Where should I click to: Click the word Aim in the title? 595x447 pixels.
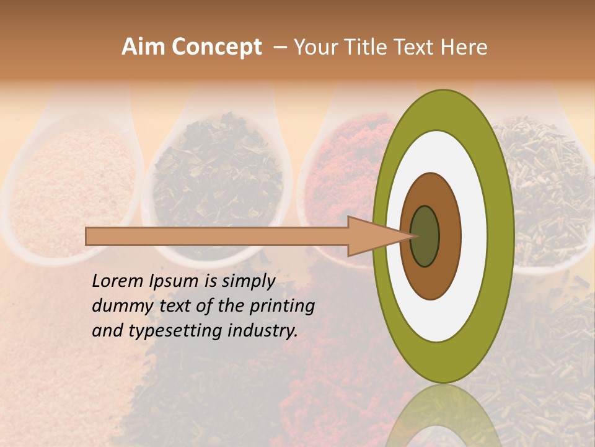point(143,47)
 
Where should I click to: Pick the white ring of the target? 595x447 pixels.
point(474,237)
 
